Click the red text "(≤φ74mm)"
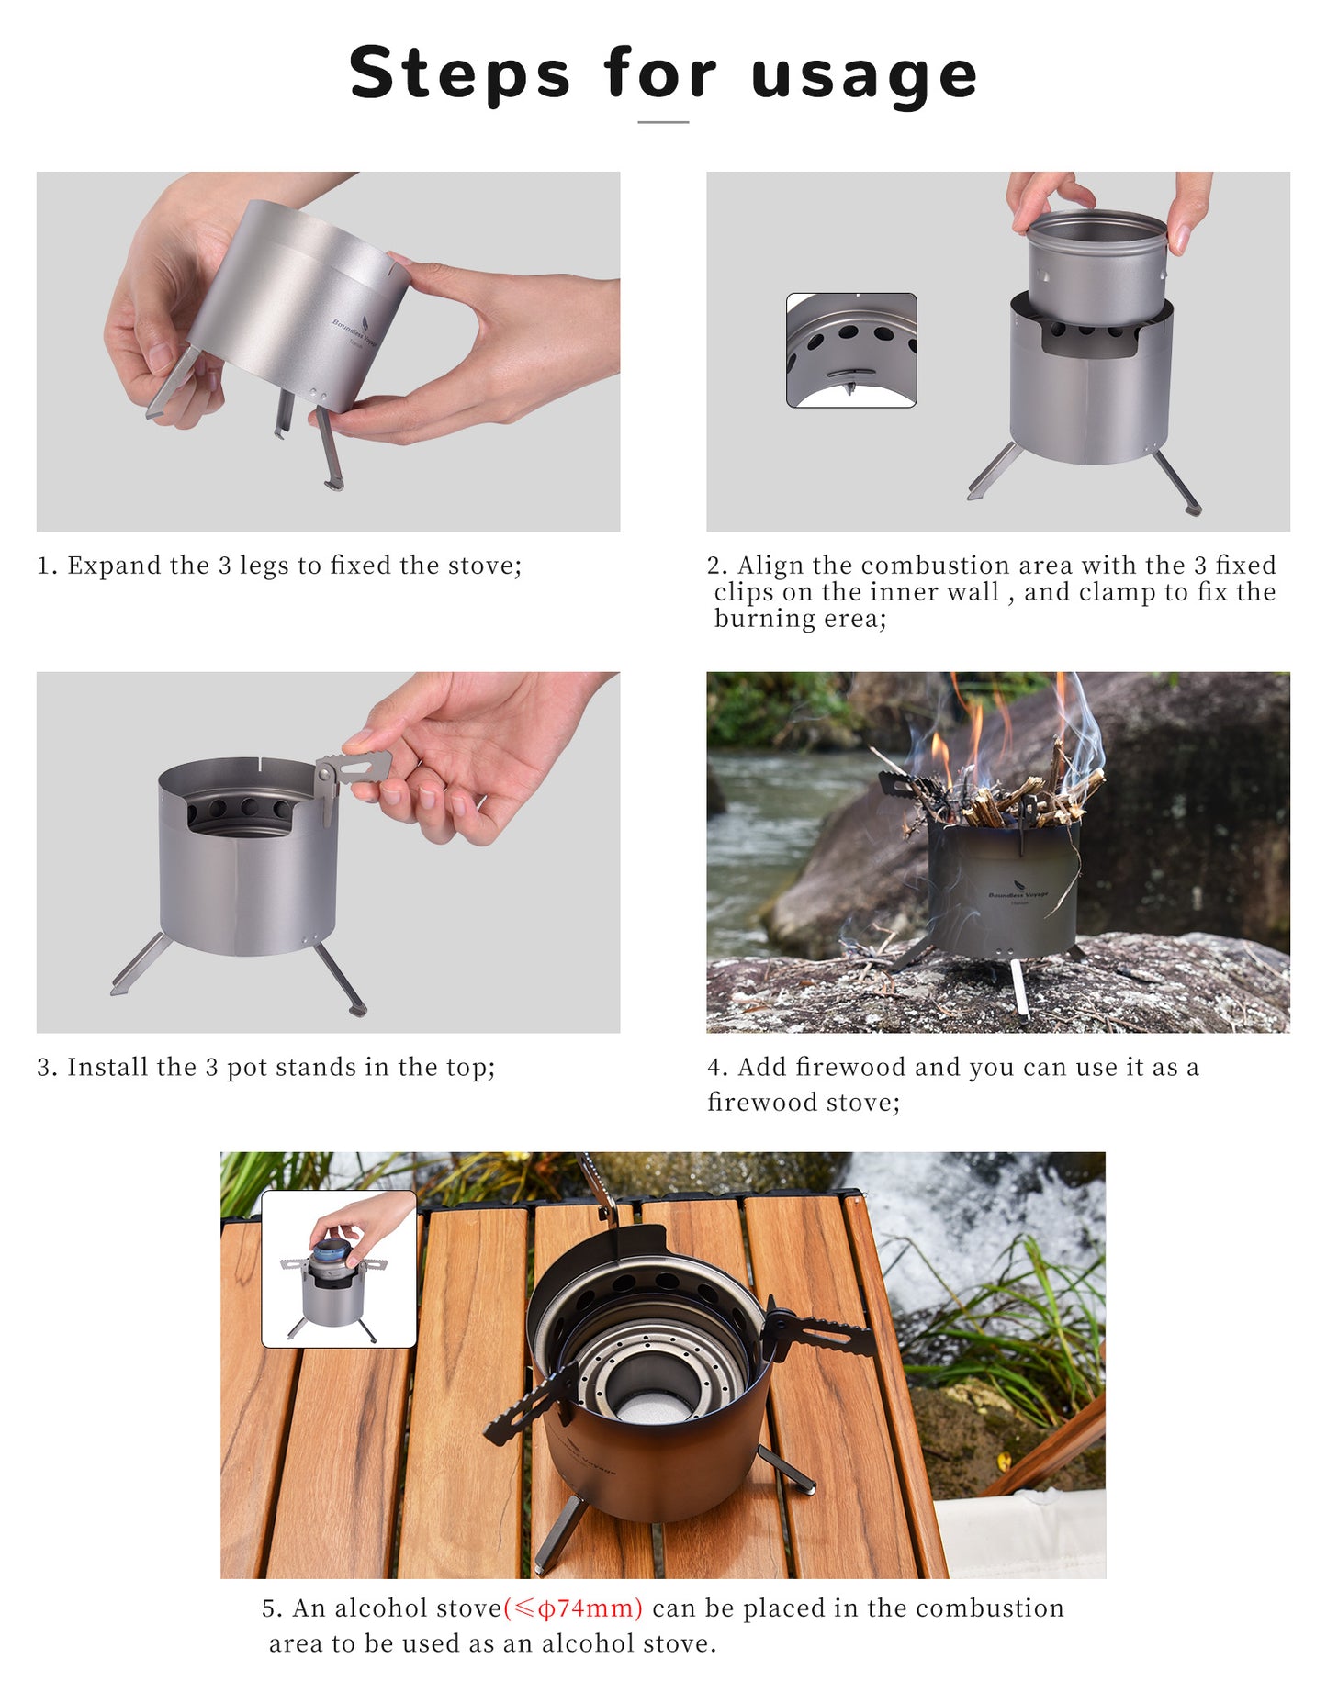[573, 1608]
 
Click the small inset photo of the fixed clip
[851, 350]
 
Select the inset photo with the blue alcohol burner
[339, 1269]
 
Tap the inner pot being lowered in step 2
[1096, 269]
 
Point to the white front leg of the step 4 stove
[1018, 989]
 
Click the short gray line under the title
[663, 121]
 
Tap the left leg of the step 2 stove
[994, 471]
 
